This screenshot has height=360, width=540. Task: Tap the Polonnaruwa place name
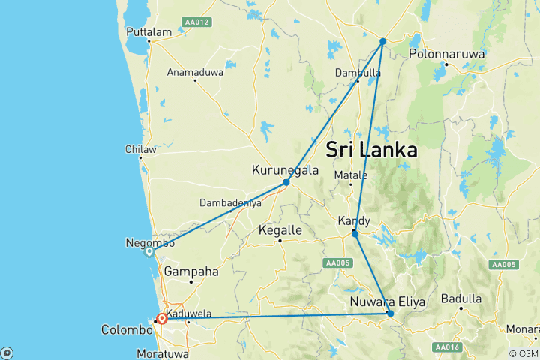click(x=447, y=54)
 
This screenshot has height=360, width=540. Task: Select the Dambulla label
click(x=358, y=73)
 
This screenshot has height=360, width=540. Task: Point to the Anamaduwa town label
click(x=195, y=72)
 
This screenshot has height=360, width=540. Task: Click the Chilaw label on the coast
click(x=141, y=149)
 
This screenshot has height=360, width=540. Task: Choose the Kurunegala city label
click(x=285, y=170)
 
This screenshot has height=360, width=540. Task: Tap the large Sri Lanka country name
click(x=372, y=150)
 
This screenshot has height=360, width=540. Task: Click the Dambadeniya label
click(x=230, y=202)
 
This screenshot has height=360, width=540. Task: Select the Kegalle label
click(x=280, y=230)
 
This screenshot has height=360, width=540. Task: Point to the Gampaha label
click(x=191, y=271)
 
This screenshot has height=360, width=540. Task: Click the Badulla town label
click(x=460, y=298)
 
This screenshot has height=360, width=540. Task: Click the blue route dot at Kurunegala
click(x=286, y=182)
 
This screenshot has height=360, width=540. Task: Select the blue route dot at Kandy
click(x=355, y=234)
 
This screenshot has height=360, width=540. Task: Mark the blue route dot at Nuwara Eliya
click(x=390, y=313)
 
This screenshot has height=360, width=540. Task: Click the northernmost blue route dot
click(x=382, y=41)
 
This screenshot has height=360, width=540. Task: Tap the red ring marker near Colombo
click(x=161, y=318)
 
